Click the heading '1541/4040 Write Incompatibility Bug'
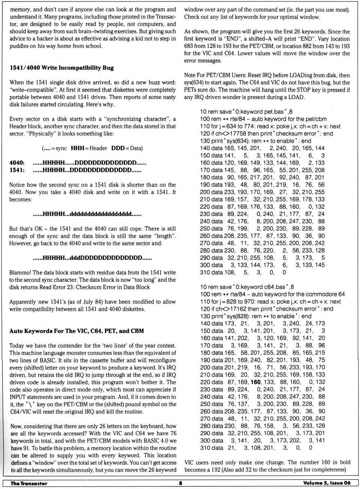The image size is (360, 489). tap(61, 68)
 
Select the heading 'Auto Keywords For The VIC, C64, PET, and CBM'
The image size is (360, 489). tap(76, 331)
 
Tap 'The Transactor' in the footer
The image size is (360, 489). tap(29, 483)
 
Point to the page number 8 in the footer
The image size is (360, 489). tap(180, 483)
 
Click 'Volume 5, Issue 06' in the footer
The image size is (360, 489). tap(327, 483)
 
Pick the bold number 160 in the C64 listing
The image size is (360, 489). tap(255, 382)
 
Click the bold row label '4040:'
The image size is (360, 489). tap(17, 163)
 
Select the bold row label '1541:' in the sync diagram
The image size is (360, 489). tap(17, 170)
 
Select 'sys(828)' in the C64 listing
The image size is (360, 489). tap(235, 316)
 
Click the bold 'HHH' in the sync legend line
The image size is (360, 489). tap(77, 148)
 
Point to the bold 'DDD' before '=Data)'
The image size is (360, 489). tap(118, 148)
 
